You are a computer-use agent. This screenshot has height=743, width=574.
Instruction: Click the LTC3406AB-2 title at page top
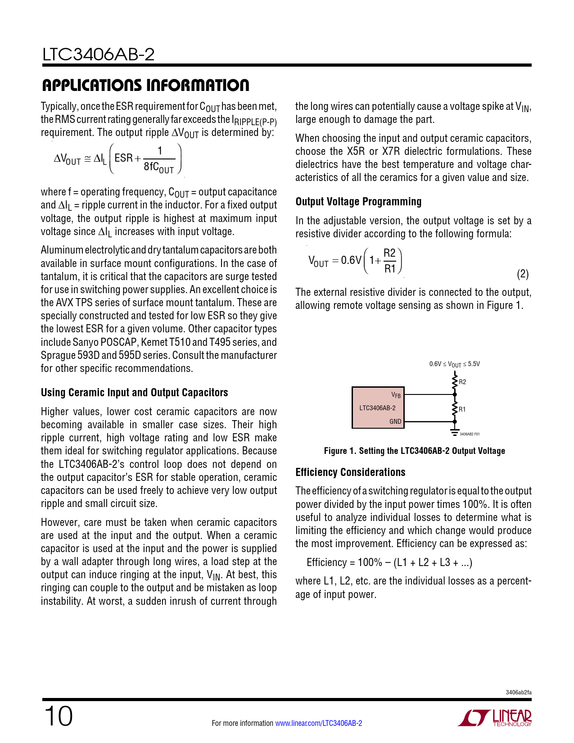coord(98,54)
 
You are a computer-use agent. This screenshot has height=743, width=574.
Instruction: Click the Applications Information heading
coord(145,85)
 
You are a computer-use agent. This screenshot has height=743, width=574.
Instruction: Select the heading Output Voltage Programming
coord(358,202)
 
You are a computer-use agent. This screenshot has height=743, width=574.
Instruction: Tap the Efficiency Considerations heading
coord(350,472)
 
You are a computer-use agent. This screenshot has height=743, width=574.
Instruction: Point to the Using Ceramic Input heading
coord(134,393)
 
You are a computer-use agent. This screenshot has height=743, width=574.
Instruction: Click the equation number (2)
coord(522,274)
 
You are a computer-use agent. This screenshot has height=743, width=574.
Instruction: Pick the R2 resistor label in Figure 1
coord(463,382)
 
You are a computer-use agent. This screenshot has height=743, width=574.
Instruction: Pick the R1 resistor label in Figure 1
coord(462,409)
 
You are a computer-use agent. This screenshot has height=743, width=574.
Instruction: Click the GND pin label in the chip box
coord(395,421)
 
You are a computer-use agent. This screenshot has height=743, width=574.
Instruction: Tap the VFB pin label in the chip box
coord(396,395)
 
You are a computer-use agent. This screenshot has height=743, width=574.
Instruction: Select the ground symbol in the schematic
coord(455,432)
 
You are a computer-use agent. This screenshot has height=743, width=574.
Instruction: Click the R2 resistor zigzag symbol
coord(455,382)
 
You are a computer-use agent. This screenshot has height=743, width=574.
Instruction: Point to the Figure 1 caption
coord(414,451)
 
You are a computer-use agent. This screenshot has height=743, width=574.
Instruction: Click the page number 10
coord(58,716)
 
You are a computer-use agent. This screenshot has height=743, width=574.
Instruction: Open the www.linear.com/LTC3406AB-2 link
coord(318,723)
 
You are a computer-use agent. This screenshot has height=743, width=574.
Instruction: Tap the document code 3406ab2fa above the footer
coord(518,692)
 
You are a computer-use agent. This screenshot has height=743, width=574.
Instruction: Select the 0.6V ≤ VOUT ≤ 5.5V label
coord(454,364)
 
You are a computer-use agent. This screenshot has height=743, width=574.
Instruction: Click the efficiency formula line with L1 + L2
coord(389,562)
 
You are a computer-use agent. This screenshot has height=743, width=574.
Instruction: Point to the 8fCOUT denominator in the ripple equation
coord(158,168)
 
